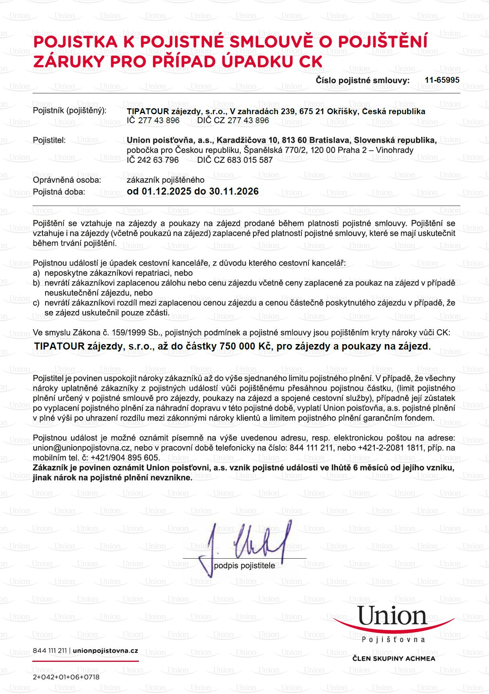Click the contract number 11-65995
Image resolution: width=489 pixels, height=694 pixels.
[442, 80]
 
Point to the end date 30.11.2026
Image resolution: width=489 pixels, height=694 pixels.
[234, 191]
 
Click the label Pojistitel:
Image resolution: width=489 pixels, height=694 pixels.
[49, 140]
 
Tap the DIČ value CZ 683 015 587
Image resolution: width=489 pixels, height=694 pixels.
[243, 160]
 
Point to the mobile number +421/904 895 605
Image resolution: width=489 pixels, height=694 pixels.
[125, 458]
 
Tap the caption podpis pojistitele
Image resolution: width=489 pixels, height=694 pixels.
[244, 566]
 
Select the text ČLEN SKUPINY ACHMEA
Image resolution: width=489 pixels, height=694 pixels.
[394, 659]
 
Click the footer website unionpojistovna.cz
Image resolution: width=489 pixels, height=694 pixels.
[106, 650]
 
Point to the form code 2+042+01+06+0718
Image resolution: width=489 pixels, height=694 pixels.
[66, 677]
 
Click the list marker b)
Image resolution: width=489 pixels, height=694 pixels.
[36, 283]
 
